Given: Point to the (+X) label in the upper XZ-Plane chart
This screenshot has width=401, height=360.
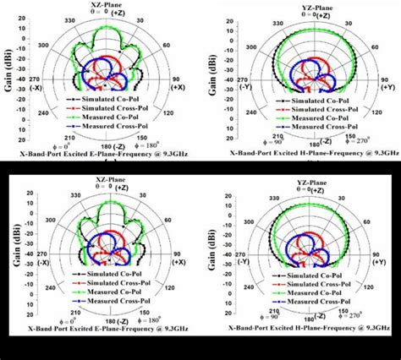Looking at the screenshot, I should (x=179, y=86).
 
